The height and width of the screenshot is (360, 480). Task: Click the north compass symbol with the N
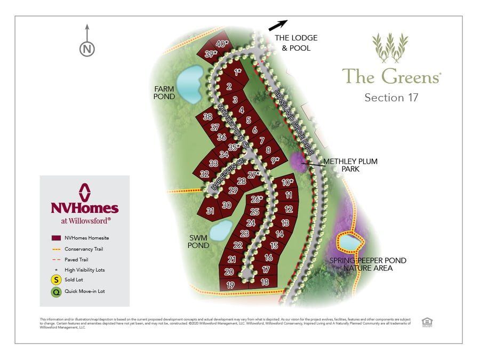point(87,49)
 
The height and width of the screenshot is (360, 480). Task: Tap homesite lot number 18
point(265,282)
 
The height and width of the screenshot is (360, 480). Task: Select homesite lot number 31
point(211,211)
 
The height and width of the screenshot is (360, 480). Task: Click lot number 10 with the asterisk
point(287,182)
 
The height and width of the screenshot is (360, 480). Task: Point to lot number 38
point(207,117)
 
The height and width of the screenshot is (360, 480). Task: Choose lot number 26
point(257,199)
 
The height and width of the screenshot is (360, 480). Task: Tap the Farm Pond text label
point(164,92)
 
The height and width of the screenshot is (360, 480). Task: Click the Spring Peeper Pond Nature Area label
point(368,264)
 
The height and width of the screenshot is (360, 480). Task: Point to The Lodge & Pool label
point(295,43)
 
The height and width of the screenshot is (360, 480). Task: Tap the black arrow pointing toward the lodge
point(277,25)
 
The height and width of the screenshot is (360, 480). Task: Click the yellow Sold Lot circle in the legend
point(56,280)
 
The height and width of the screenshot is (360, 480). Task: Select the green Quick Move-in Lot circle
point(56,292)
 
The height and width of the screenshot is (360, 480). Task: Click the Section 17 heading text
point(391,98)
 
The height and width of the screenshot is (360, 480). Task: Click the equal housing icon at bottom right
point(426,322)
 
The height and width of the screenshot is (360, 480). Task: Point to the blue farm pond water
point(188,84)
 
